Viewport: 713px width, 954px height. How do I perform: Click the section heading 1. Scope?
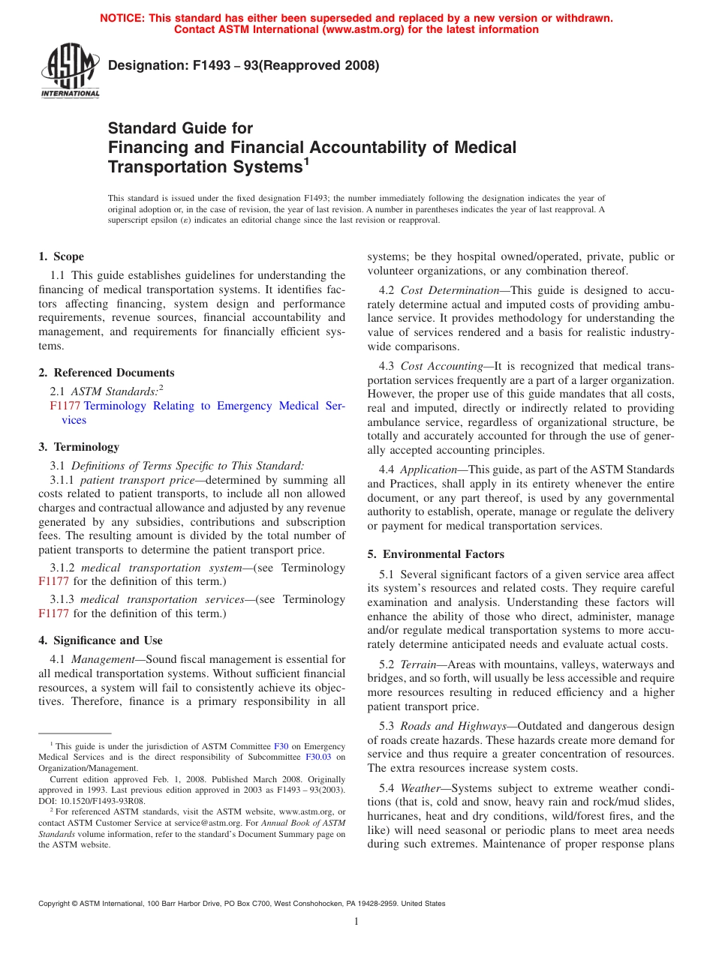point(61,256)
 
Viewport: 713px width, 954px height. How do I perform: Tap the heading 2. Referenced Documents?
point(106,373)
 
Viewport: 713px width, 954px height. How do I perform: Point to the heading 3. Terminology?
point(79,447)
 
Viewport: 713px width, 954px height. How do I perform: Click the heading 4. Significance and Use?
point(100,640)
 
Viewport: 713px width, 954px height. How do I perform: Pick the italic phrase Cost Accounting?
point(441,366)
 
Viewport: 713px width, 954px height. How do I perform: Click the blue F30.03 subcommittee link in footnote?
point(318,757)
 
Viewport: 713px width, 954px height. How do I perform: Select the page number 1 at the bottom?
point(356,921)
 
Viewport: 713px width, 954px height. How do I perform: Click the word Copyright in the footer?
point(56,904)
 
